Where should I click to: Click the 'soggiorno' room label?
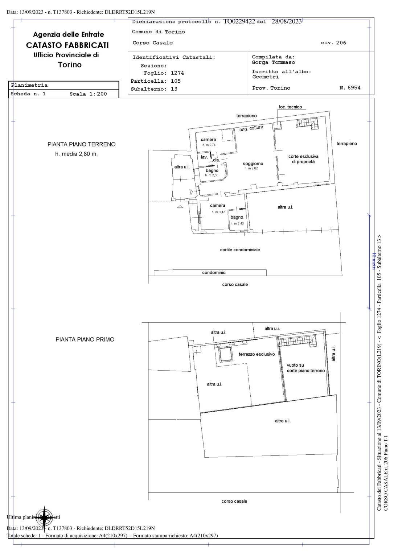click(x=253, y=164)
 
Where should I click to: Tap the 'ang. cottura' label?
click(x=251, y=128)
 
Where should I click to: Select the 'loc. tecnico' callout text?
click(x=290, y=107)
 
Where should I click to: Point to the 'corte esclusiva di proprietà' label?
click(x=303, y=159)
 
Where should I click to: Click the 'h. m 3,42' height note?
click(x=218, y=212)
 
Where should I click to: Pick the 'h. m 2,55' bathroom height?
click(x=212, y=175)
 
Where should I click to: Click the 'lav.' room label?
click(x=204, y=157)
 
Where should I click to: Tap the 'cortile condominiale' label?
click(x=240, y=250)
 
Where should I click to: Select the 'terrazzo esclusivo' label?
click(x=256, y=354)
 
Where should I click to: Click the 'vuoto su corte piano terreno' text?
click(x=305, y=368)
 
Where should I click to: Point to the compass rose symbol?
click(x=44, y=517)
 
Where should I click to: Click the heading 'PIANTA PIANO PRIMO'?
click(x=85, y=340)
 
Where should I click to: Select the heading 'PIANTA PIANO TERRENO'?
click(x=82, y=144)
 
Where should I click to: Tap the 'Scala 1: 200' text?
click(x=88, y=94)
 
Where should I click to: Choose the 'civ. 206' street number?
click(x=333, y=43)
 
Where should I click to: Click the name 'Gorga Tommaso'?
click(x=273, y=62)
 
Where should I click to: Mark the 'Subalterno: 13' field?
click(x=154, y=89)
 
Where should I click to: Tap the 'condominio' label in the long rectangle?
click(x=214, y=273)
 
